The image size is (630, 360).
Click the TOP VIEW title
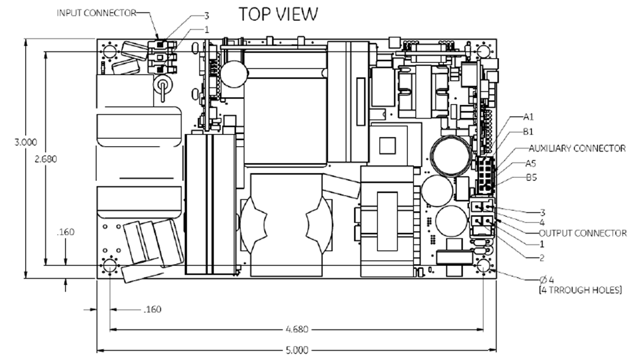[x=278, y=13]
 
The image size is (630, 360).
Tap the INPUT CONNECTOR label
[x=97, y=13]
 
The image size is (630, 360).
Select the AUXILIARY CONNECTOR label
[x=577, y=149]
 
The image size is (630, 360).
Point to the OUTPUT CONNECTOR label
[x=582, y=233]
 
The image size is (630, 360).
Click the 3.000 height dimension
[x=26, y=142]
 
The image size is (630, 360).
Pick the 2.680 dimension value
[x=46, y=159]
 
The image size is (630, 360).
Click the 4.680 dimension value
[x=297, y=329]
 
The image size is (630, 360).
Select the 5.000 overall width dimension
[x=297, y=350]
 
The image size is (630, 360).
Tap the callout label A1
[x=528, y=117]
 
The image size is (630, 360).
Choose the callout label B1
[x=528, y=131]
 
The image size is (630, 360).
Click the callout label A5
[x=531, y=163]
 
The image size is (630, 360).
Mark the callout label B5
[x=532, y=177]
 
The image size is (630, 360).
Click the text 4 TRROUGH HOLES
[x=580, y=290]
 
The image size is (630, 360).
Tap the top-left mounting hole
[x=109, y=51]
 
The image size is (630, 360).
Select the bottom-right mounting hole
[x=483, y=265]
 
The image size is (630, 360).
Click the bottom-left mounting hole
[x=109, y=265]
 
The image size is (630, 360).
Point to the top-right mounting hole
[x=483, y=51]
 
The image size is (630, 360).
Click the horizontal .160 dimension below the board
[x=152, y=309]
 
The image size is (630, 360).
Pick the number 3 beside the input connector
[x=207, y=16]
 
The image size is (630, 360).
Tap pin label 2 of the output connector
[x=541, y=258]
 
